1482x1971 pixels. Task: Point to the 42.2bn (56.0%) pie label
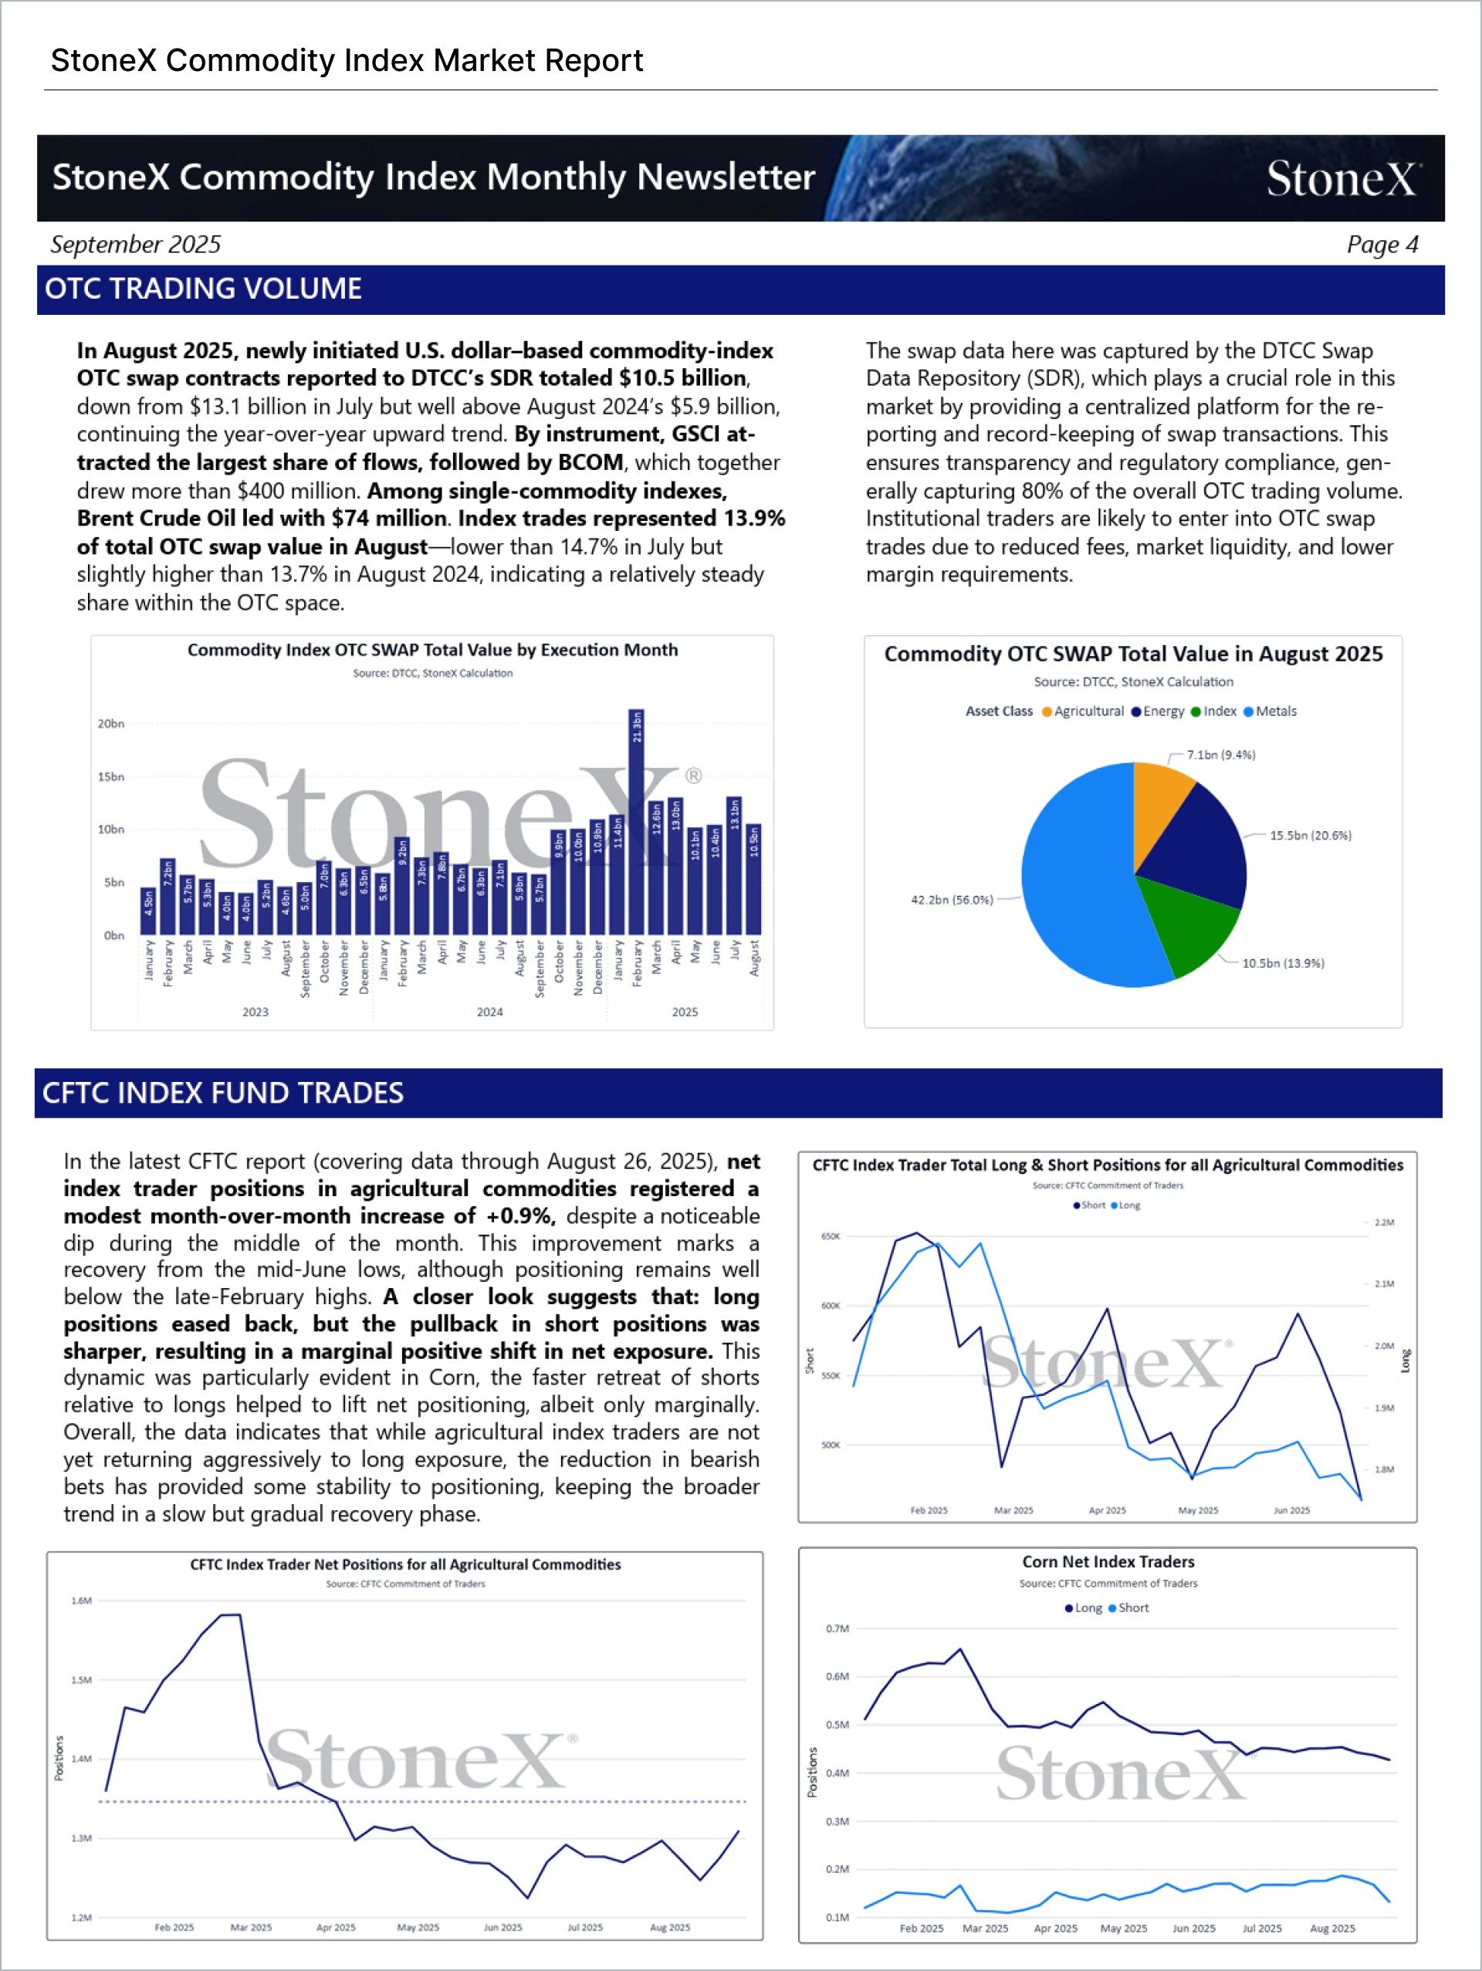click(x=952, y=900)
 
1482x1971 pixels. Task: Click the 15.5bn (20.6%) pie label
click(x=1310, y=836)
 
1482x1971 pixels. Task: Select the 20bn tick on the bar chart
click(x=111, y=724)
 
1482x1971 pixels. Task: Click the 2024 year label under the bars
click(x=489, y=1013)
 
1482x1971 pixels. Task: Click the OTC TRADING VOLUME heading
click(x=203, y=289)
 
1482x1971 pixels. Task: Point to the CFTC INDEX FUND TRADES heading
click(x=223, y=1094)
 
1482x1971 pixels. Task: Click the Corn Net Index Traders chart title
click(x=1108, y=1562)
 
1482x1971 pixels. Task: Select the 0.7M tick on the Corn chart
click(x=837, y=1629)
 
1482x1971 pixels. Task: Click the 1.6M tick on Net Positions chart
click(x=81, y=1601)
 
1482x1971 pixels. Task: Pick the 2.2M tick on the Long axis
click(x=1383, y=1222)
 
